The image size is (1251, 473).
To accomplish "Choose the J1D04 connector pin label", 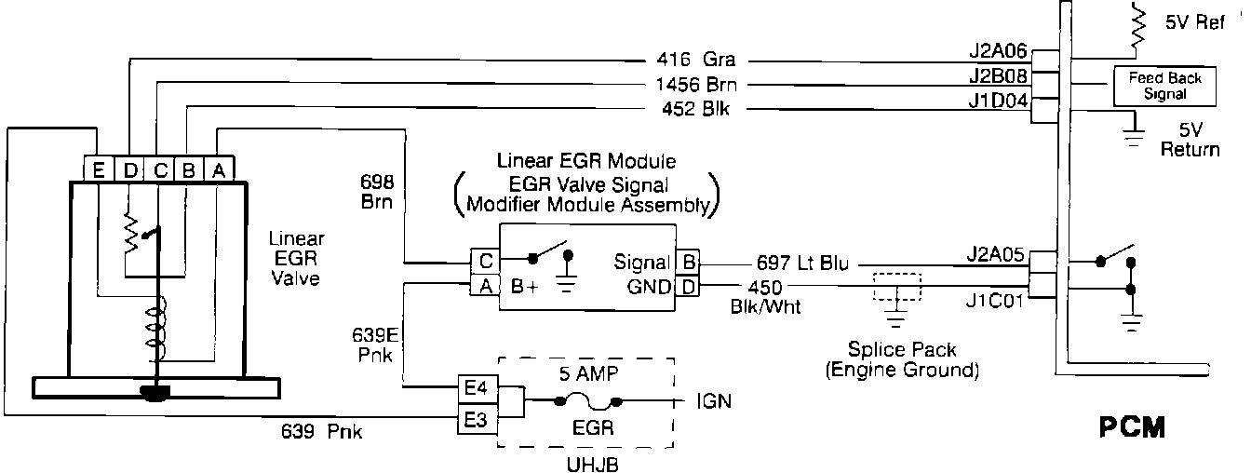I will pyautogui.click(x=999, y=101).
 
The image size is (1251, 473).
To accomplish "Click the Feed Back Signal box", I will pyautogui.click(x=1158, y=86).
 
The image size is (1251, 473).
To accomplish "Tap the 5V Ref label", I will pyautogui.click(x=1194, y=24).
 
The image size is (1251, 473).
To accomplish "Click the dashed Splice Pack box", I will pyautogui.click(x=895, y=286).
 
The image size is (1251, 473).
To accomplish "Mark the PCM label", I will pyautogui.click(x=1131, y=429).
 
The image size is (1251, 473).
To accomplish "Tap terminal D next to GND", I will pyautogui.click(x=686, y=287).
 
